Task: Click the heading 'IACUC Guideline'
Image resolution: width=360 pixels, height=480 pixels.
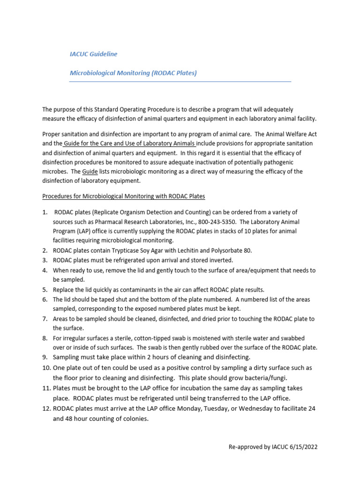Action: (93, 54)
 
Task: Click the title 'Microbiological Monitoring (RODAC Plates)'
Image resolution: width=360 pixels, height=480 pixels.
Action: (133, 73)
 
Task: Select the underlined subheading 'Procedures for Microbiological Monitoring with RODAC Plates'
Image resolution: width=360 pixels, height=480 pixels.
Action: (124, 195)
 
